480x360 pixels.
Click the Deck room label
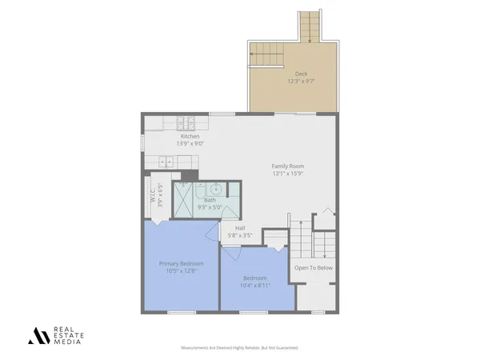[x=301, y=74]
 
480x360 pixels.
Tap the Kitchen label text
[x=190, y=137]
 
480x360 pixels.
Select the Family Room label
[x=288, y=166]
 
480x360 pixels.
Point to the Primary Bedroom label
[x=181, y=263]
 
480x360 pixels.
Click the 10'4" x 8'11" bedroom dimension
[x=256, y=286]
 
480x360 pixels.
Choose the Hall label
[x=240, y=228]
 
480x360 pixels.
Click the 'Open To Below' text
[x=314, y=268]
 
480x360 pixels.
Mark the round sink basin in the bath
[x=214, y=189]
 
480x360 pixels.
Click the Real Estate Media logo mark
[x=38, y=335]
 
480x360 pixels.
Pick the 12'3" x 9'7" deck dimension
[x=301, y=82]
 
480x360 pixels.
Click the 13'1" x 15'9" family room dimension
[x=288, y=174]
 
